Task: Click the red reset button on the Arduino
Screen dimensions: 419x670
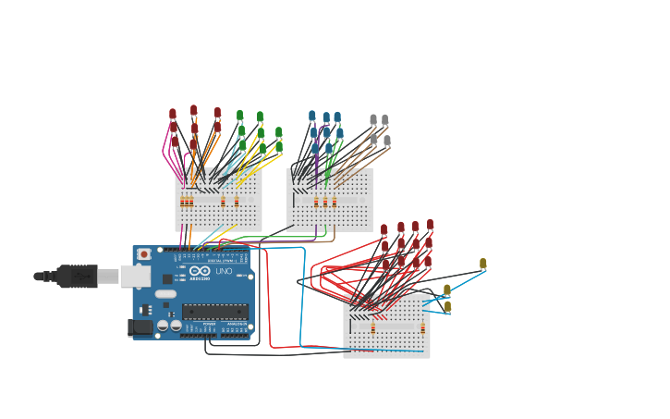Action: pos(143,254)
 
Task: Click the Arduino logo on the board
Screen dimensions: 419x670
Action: pos(200,272)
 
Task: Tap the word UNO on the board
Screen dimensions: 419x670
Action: pos(224,272)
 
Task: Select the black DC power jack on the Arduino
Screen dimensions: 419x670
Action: pos(140,327)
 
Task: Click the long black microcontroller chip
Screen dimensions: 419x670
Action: pos(214,311)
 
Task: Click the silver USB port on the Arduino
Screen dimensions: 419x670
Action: pos(135,276)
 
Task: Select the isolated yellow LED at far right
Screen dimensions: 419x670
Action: pos(482,264)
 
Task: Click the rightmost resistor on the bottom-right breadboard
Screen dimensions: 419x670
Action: pos(423,327)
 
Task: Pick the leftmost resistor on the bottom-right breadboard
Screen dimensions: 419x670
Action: pos(373,327)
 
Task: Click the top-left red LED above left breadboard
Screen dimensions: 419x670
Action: pos(173,114)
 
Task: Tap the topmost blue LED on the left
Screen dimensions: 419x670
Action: pos(312,117)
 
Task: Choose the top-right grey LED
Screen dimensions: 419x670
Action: pos(384,120)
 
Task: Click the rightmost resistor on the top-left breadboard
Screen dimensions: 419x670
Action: pos(237,202)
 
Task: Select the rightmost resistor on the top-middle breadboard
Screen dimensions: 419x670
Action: pos(334,202)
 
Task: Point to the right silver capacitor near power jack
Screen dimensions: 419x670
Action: pos(176,326)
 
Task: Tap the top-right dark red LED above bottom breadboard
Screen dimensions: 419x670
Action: pos(430,225)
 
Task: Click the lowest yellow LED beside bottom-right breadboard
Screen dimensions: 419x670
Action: pos(447,306)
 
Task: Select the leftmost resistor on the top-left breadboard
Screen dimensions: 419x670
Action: pos(183,202)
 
